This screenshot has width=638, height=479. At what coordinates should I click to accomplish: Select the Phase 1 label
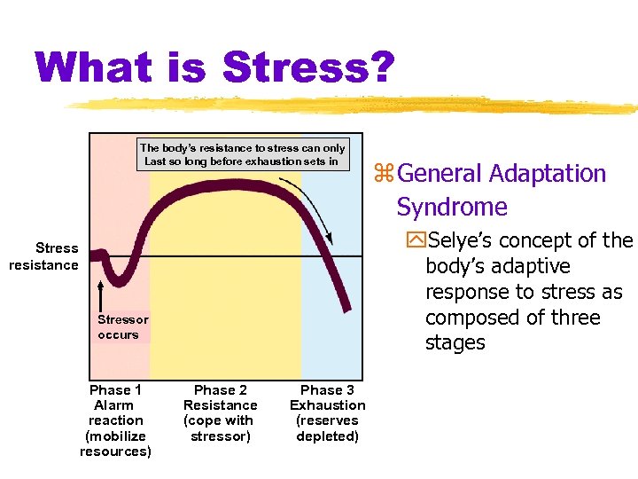(x=115, y=390)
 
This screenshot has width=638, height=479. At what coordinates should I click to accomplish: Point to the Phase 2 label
(x=221, y=390)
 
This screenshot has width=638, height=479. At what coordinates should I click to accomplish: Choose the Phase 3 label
(x=327, y=390)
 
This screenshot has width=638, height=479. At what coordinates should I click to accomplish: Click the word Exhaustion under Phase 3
(x=327, y=405)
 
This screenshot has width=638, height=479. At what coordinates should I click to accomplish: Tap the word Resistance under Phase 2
(x=221, y=405)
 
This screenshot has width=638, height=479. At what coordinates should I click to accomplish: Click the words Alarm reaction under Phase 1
(x=115, y=412)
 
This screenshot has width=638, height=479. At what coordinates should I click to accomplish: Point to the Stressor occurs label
(x=122, y=327)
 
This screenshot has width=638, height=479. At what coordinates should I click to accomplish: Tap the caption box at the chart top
(x=242, y=154)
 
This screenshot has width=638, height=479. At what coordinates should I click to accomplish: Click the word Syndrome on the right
(x=452, y=208)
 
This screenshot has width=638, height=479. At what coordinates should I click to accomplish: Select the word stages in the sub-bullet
(x=455, y=343)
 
